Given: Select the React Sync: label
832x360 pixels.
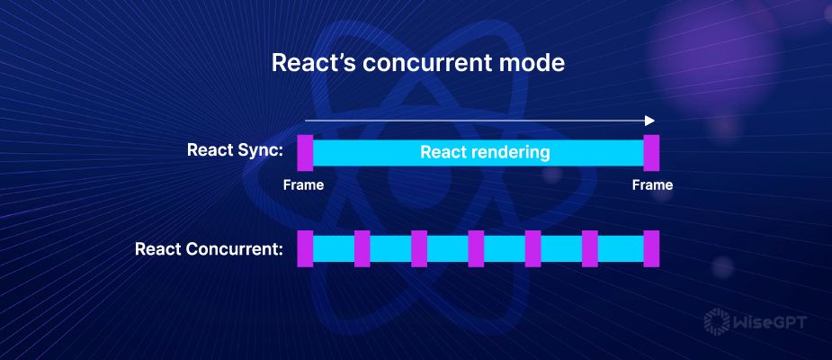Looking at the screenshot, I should tap(235, 150).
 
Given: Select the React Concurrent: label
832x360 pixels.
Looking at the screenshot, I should tap(209, 248).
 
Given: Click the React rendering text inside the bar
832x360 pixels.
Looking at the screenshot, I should tap(485, 152).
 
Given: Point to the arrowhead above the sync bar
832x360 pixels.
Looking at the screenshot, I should tap(649, 120).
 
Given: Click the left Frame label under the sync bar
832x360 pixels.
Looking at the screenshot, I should tap(303, 185).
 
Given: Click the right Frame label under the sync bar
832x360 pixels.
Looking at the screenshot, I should tap(652, 185).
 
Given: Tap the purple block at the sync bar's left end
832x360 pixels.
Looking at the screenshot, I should tap(304, 152).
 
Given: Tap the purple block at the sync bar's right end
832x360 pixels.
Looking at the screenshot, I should tap(652, 152).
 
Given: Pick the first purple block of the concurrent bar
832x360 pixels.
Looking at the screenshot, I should tap(304, 248).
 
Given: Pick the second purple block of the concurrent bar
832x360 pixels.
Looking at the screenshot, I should tap(362, 248).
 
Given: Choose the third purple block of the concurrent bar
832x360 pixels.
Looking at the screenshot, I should tap(419, 248).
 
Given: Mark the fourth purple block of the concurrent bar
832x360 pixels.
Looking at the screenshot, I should tap(476, 248).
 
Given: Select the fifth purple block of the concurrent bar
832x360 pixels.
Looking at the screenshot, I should tap(533, 248).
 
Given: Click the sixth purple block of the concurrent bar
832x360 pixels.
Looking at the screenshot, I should tap(590, 248).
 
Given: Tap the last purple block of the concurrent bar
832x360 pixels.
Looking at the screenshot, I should tap(652, 248).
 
